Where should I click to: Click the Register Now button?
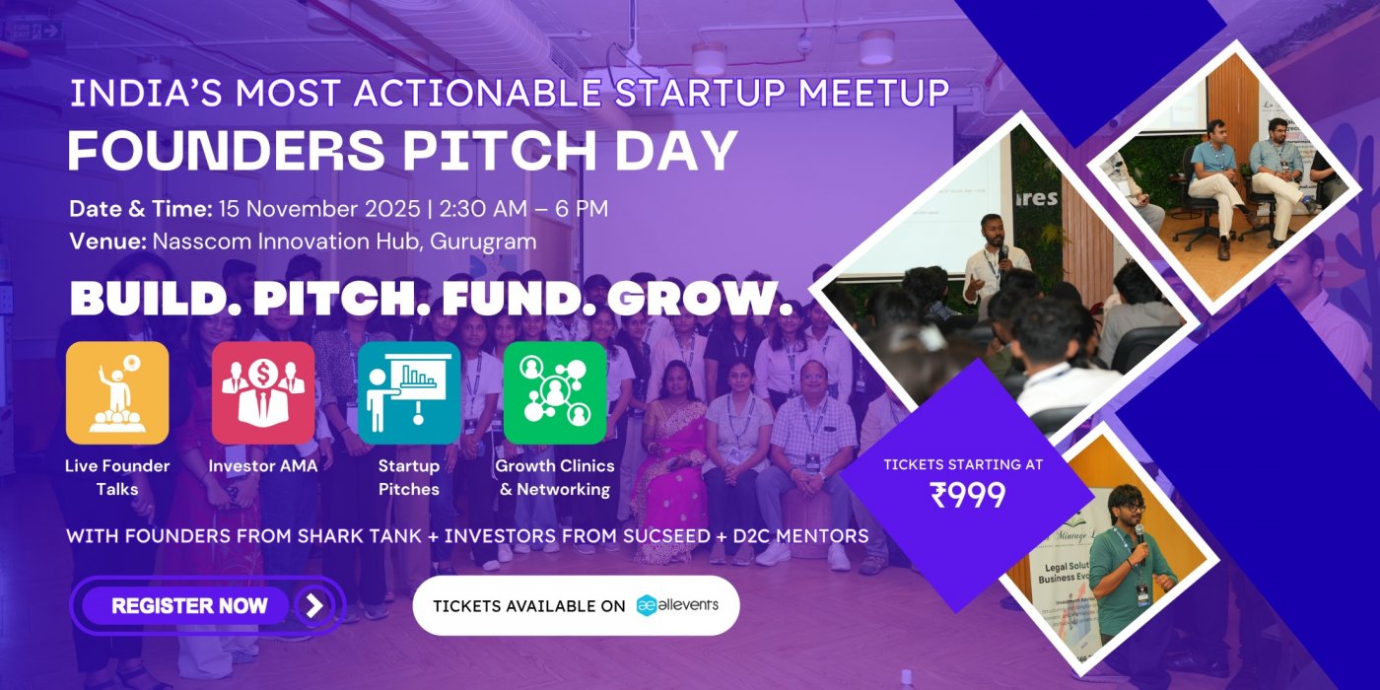[x=189, y=605]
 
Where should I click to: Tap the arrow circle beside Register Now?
[x=314, y=605]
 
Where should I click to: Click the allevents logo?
[x=677, y=605]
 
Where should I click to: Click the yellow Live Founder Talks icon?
[x=117, y=393]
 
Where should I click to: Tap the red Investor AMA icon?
[x=263, y=393]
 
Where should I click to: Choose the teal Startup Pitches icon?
[x=409, y=393]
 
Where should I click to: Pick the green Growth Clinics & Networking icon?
[x=555, y=393]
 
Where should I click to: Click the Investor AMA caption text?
[x=263, y=466]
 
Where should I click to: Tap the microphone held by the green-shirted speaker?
[x=1140, y=534]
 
